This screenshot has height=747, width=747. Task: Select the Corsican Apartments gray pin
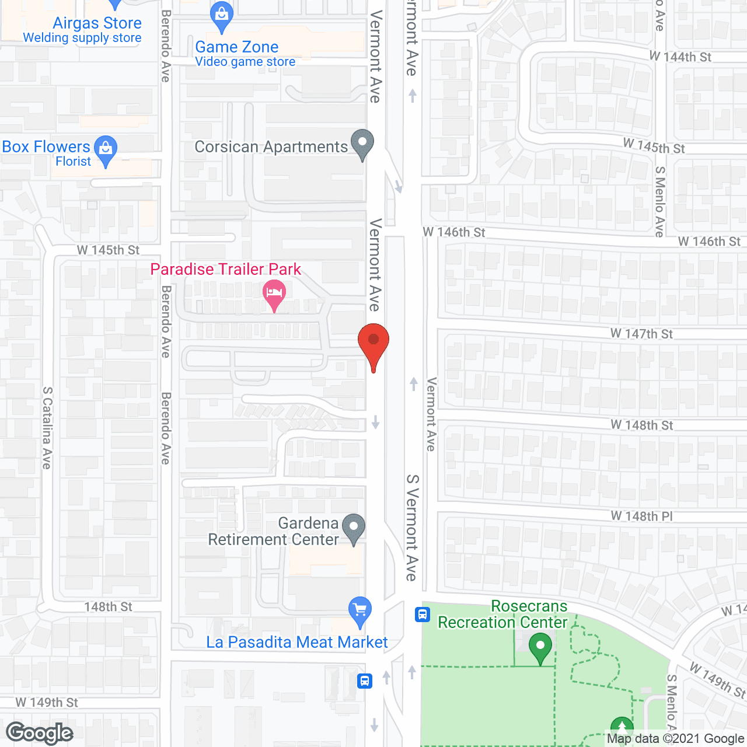[x=362, y=144]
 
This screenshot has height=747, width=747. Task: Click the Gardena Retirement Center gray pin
[x=353, y=528]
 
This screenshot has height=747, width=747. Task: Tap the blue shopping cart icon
[x=359, y=610]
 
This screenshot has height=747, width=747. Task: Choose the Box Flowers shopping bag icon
[x=106, y=149]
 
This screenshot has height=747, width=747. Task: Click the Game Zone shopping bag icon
[x=222, y=16]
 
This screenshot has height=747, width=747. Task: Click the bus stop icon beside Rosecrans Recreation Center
[x=423, y=615]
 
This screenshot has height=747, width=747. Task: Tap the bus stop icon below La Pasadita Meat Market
[x=365, y=680]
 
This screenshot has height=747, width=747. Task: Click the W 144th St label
[x=680, y=57]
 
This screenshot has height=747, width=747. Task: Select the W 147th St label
[x=641, y=334]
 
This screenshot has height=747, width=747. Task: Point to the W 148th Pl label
[x=641, y=516]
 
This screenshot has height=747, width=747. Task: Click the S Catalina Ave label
[x=47, y=428]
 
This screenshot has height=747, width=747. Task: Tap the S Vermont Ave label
[x=412, y=528]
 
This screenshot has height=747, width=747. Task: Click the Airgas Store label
[x=97, y=23]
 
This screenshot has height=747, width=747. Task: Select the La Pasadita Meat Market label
[x=296, y=643]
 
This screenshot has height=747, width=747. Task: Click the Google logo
[x=40, y=733]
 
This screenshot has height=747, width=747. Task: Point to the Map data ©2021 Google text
[x=675, y=739]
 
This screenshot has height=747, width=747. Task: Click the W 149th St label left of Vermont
[x=47, y=703]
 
